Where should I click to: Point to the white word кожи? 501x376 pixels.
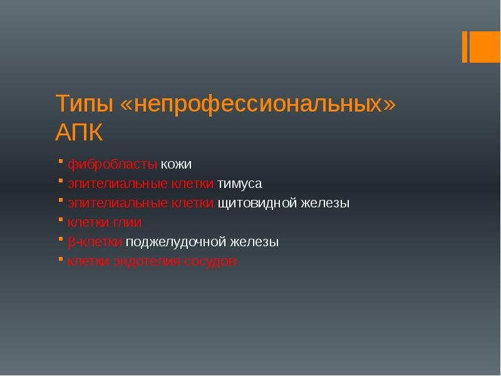(x=176, y=165)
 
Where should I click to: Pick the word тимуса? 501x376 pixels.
(x=240, y=184)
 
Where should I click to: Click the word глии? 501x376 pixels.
(x=128, y=222)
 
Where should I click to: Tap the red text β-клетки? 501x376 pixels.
(x=95, y=242)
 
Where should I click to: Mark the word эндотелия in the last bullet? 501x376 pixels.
(x=148, y=261)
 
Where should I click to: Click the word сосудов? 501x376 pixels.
(x=210, y=261)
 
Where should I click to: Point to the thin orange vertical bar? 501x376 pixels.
(x=465, y=47)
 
